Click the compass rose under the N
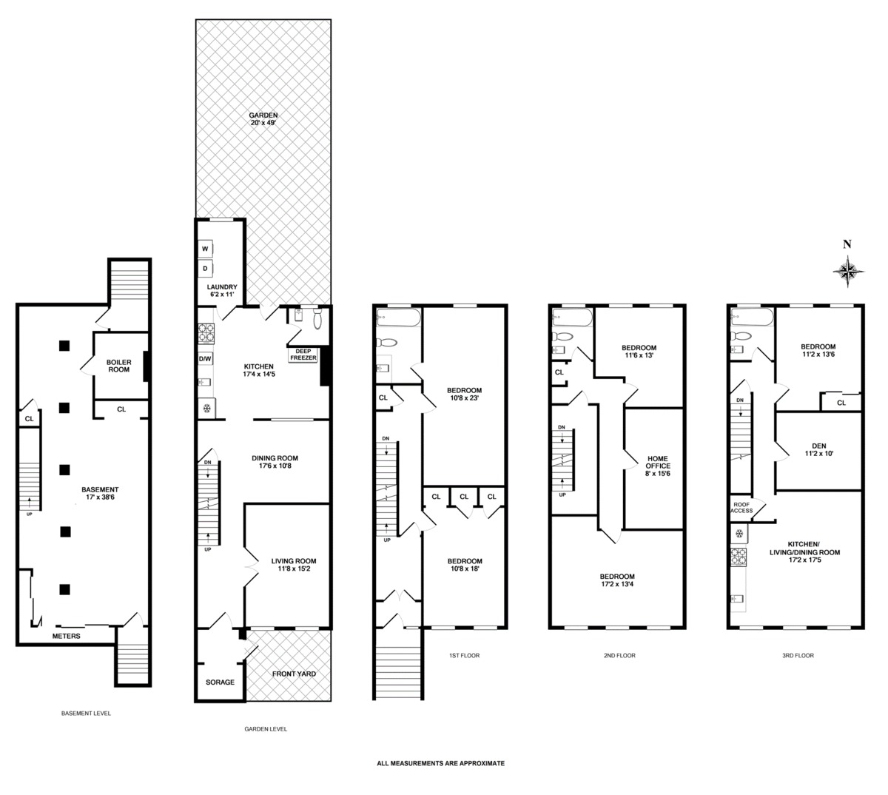coord(848,272)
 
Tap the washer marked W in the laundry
coord(205,249)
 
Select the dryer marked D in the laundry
coord(205,268)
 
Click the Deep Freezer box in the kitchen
coord(303,355)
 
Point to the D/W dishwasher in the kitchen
coord(205,359)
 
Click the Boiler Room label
coord(119,366)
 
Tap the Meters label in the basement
coord(67,636)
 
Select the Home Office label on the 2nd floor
coord(658,466)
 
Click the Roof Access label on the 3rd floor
coord(741,507)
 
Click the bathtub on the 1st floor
coord(398,317)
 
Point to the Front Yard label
coord(294,674)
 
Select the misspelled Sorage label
coord(220,682)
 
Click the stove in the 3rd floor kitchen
coord(739,557)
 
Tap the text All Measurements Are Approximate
coord(440,763)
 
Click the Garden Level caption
coord(266,729)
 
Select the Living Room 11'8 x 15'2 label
coord(294,565)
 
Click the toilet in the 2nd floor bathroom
coord(562,336)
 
